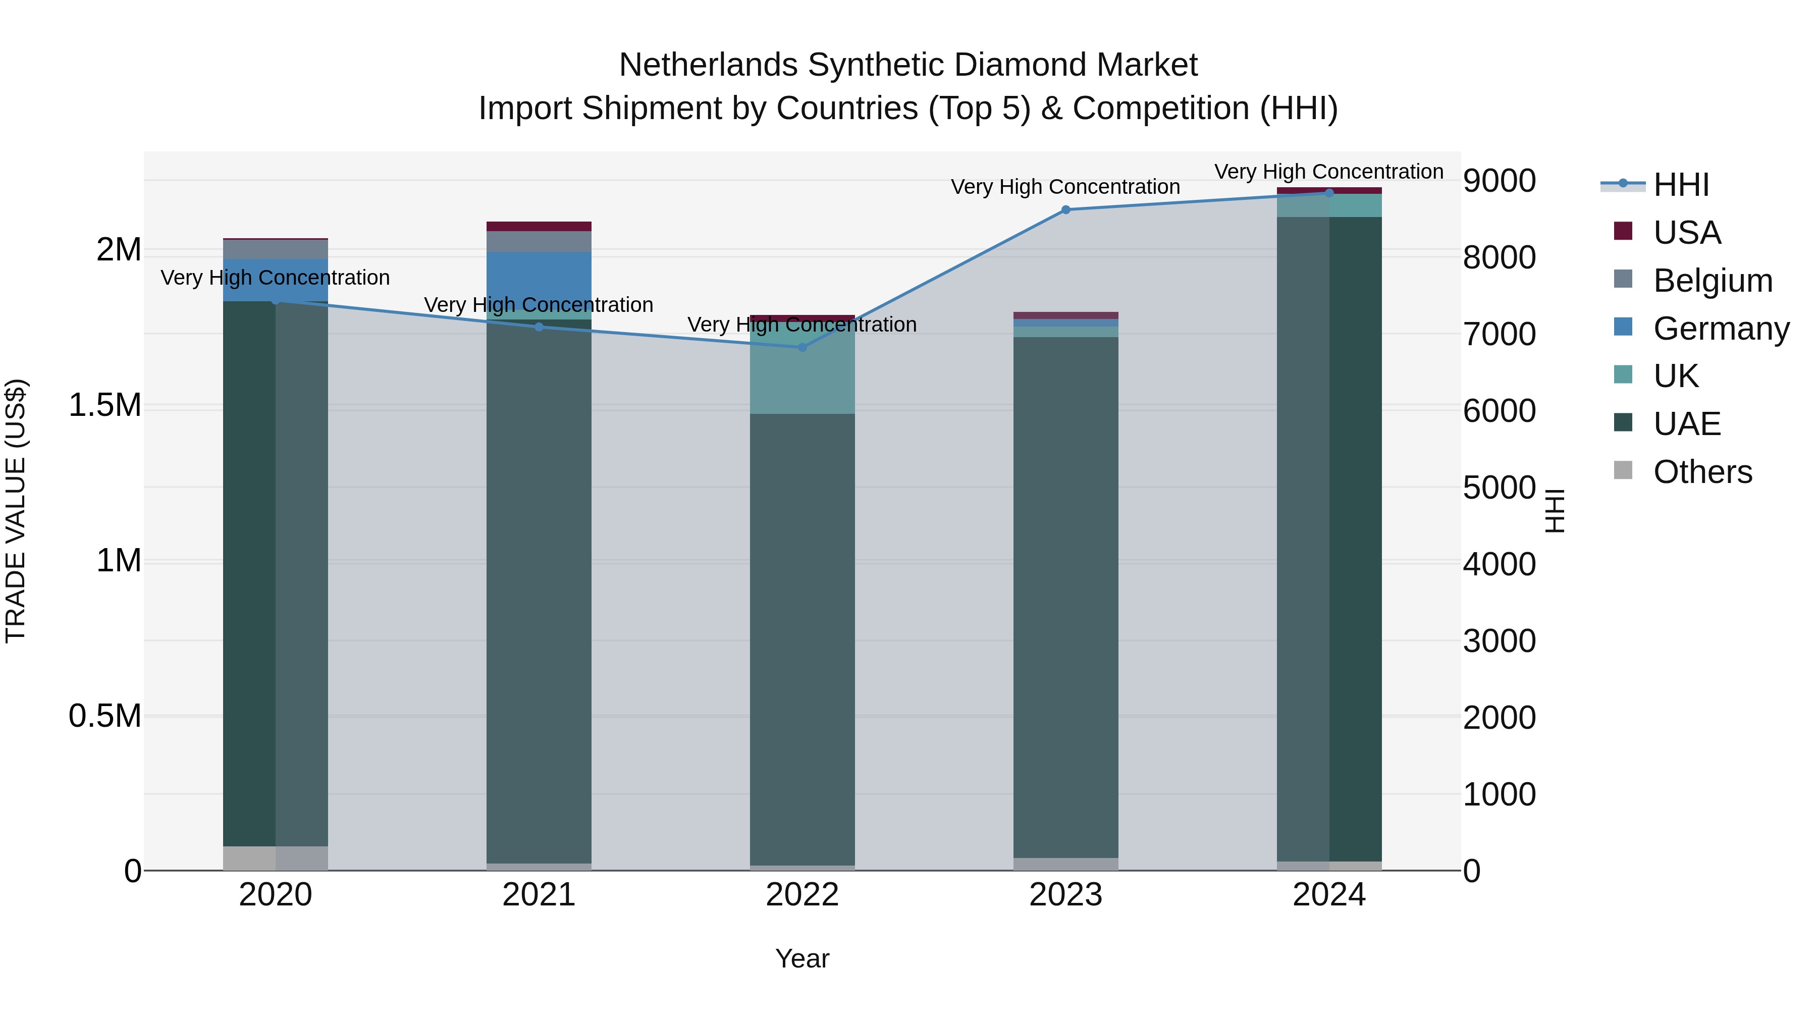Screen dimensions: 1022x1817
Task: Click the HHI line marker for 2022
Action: [802, 347]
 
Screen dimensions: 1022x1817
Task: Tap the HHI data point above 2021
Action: [539, 327]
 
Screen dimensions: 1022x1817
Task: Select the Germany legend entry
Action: [1721, 329]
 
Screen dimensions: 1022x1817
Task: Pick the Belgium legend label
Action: [1713, 281]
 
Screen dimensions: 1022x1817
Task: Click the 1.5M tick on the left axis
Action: [104, 406]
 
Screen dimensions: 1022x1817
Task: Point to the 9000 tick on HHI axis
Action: [1499, 181]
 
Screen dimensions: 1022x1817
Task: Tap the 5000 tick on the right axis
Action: [1499, 488]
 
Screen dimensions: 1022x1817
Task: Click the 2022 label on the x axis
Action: [802, 895]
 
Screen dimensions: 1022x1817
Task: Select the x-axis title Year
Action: [802, 958]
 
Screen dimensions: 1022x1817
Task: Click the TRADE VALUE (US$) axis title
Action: [16, 511]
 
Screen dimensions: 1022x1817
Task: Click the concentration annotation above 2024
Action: [1328, 172]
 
